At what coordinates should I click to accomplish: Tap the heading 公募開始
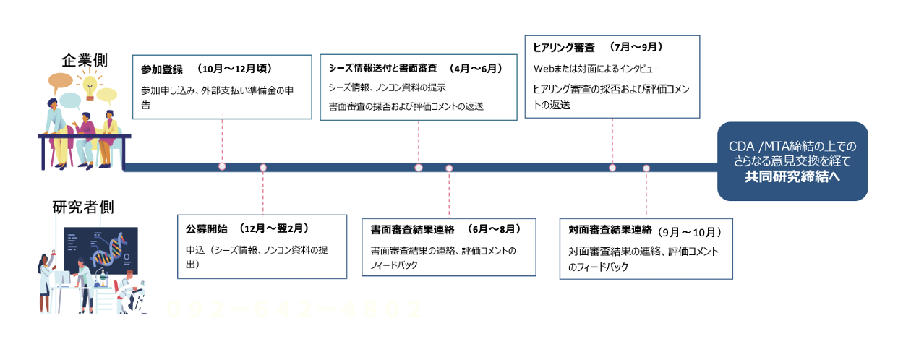206,228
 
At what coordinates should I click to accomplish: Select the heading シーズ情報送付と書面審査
382,68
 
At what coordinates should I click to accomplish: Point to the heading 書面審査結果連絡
412,229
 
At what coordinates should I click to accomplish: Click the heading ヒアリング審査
563,47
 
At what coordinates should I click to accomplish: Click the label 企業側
85,60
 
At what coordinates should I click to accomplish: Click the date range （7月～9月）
636,47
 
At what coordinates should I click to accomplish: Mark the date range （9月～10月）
690,231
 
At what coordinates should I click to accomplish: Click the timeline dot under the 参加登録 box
222,167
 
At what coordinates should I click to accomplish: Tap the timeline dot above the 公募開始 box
263,168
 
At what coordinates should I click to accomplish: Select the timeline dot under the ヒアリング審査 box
612,168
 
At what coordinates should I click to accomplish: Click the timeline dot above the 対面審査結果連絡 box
646,168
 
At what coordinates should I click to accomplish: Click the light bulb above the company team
90,84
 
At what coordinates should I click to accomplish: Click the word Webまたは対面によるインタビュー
597,69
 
